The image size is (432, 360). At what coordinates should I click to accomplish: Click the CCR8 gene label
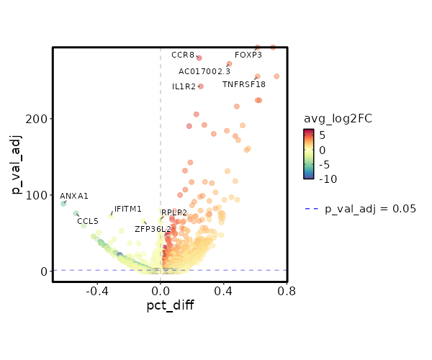click(183, 55)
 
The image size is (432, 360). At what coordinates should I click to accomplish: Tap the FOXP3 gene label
click(248, 55)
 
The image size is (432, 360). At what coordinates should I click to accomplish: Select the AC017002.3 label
click(204, 71)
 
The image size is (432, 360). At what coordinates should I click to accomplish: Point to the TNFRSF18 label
click(244, 84)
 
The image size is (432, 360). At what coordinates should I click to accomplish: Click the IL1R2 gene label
click(184, 87)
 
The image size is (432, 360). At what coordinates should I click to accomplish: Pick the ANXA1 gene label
click(74, 196)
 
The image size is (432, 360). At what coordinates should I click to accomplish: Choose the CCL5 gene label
click(88, 221)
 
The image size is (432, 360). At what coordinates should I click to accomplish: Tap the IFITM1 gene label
click(128, 210)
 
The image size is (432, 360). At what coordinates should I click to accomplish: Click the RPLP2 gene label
click(174, 213)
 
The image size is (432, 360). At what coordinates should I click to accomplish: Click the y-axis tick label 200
click(39, 118)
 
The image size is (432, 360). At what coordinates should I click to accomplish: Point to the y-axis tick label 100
click(39, 195)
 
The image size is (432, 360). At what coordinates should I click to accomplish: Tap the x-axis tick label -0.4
click(97, 292)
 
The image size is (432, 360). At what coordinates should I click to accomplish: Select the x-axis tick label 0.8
click(287, 292)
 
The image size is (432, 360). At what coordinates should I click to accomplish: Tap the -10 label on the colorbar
click(328, 179)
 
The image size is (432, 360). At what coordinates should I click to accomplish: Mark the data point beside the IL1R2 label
click(200, 86)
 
